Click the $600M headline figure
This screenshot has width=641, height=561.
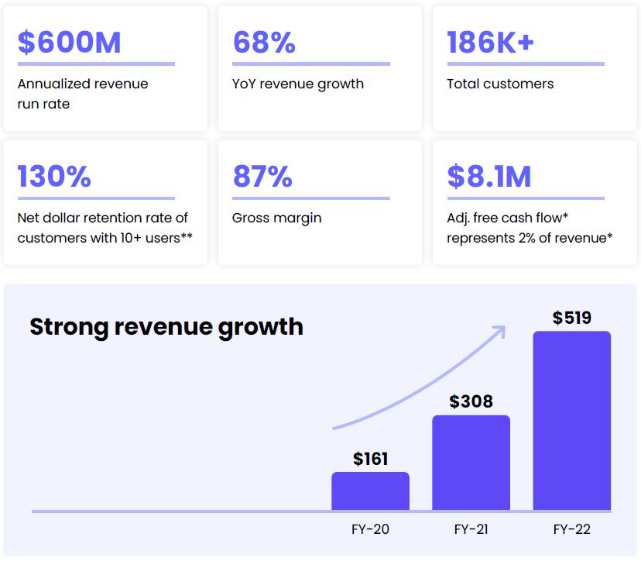70,42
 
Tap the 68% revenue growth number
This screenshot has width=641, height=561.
264,42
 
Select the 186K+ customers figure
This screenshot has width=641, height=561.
490,42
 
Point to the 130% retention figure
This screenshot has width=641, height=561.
54,177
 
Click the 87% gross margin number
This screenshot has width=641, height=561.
262,177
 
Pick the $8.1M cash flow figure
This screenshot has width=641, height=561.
489,177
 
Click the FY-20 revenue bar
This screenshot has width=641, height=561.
370,491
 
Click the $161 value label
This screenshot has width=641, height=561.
370,459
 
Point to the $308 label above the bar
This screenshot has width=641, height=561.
471,401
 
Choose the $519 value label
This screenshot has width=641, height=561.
571,318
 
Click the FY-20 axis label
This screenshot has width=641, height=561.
370,530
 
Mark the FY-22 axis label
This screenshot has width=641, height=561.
572,530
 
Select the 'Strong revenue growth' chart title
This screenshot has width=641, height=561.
166,326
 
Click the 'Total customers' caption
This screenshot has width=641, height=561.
500,84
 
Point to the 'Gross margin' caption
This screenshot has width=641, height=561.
276,218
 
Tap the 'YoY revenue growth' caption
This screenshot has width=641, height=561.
298,84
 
